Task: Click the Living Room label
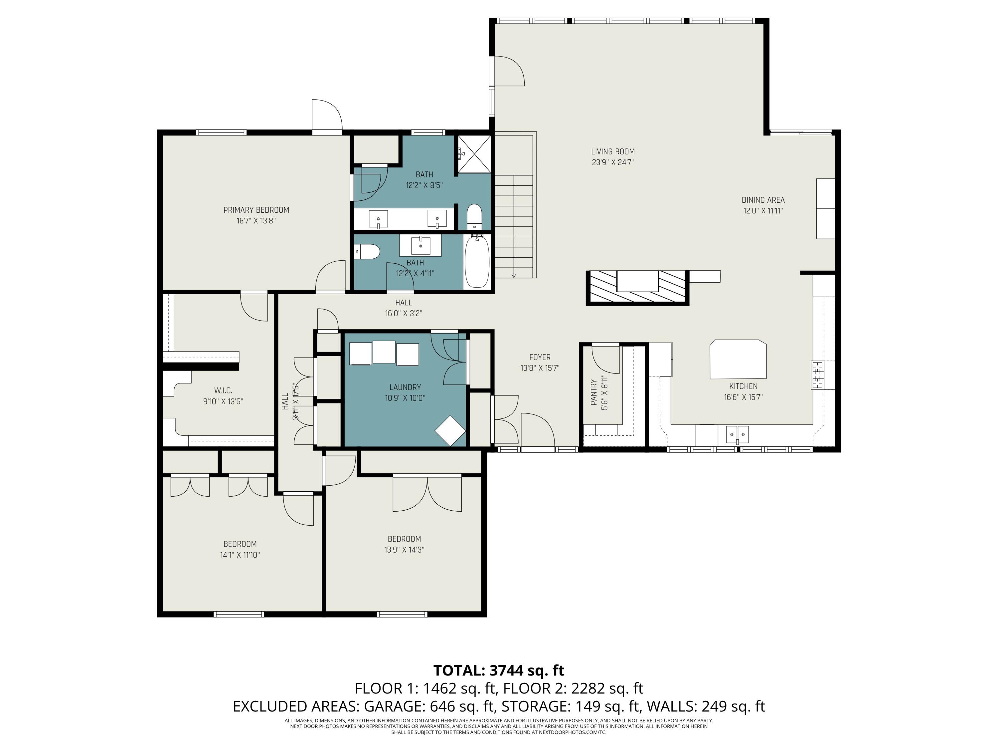[x=613, y=152]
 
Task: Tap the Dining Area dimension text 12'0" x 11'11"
[x=763, y=211]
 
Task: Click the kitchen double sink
[x=737, y=434]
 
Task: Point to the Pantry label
[x=594, y=392]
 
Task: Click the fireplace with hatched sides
[x=637, y=288]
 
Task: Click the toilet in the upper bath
[x=474, y=217]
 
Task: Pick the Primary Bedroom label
[x=256, y=210]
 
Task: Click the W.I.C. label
[x=223, y=390]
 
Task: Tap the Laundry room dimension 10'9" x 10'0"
[x=405, y=398]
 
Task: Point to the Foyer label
[x=540, y=357]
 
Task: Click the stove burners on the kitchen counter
[x=817, y=375]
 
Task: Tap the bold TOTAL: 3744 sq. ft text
[x=499, y=670]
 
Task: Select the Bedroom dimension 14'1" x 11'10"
[x=240, y=555]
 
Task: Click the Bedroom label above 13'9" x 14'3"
[x=404, y=539]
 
